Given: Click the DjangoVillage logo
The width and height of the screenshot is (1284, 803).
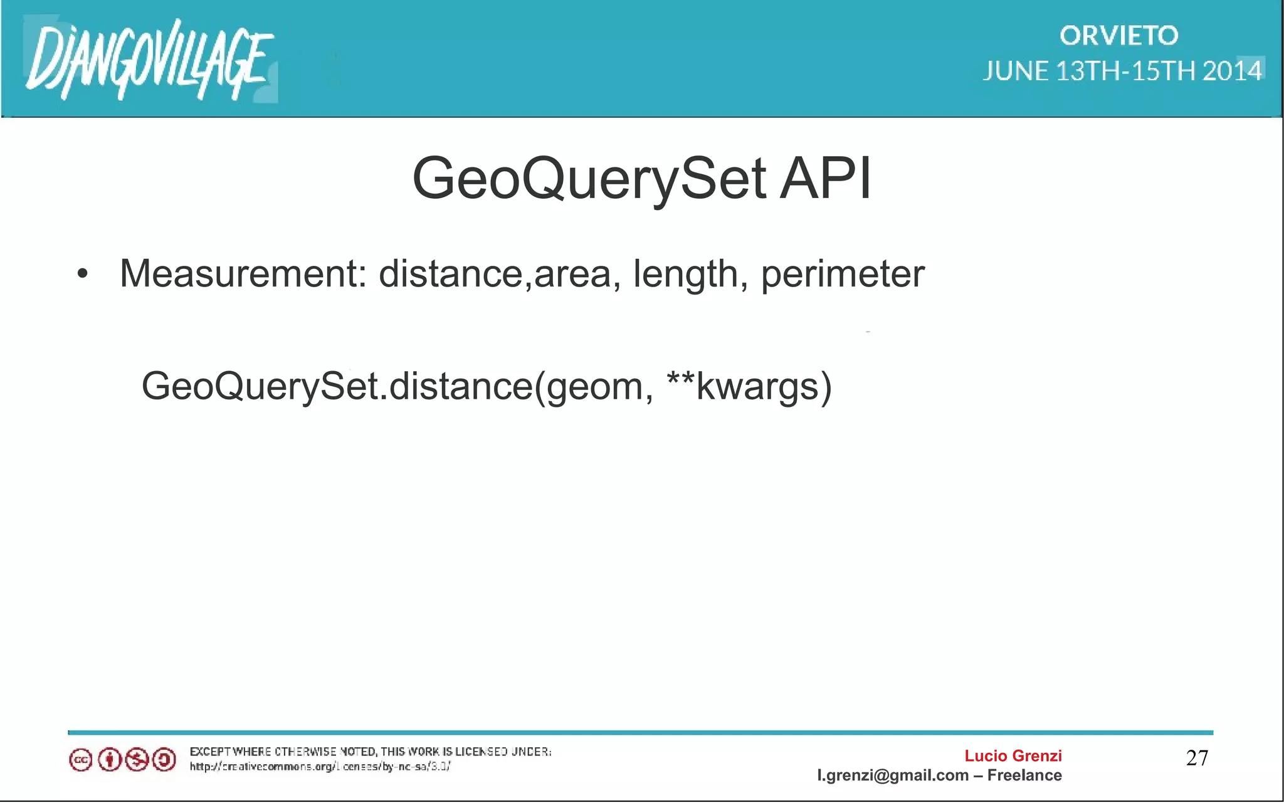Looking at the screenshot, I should (x=149, y=60).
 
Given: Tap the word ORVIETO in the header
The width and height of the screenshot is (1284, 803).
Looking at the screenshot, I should (x=1118, y=36).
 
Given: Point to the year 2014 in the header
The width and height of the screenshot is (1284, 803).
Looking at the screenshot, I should (x=1231, y=71).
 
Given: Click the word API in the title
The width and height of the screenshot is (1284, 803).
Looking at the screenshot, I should (x=825, y=179).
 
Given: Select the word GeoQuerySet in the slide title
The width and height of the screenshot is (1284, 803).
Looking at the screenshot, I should (x=589, y=180).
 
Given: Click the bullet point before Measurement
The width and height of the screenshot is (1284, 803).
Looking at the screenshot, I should (x=83, y=275).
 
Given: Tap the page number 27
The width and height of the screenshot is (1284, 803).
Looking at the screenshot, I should (x=1197, y=758).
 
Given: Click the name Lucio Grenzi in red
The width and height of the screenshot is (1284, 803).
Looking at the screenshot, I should (x=1013, y=756).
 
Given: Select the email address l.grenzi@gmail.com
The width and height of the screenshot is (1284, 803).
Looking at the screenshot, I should (x=893, y=775).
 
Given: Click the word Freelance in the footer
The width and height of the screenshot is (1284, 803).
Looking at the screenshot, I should (x=1024, y=775).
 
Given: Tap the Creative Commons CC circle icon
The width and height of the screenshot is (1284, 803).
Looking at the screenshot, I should (x=80, y=760).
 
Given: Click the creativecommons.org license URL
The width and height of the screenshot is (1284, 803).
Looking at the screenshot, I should (x=320, y=767).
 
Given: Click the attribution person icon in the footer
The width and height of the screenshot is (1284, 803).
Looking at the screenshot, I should (x=109, y=760).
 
